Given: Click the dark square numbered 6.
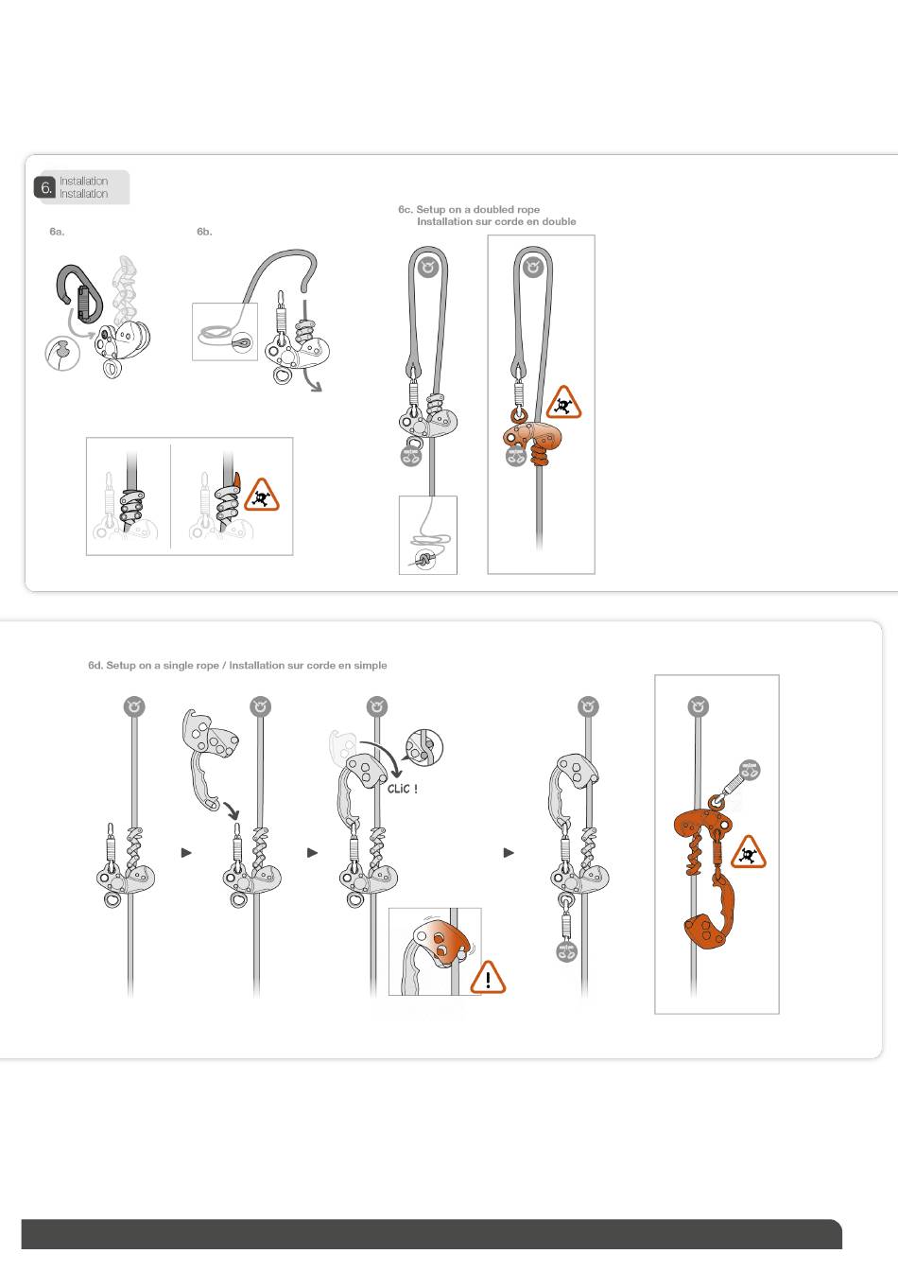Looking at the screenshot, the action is pyautogui.click(x=45, y=187).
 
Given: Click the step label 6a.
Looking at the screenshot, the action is pyautogui.click(x=57, y=232).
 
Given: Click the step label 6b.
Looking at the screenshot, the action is pyautogui.click(x=204, y=232).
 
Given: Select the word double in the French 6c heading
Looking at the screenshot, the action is pyautogui.click(x=559, y=222).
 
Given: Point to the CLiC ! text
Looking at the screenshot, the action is pyautogui.click(x=403, y=789).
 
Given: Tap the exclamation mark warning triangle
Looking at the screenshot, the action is pyautogui.click(x=488, y=978).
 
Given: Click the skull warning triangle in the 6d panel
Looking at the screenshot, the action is pyautogui.click(x=749, y=853).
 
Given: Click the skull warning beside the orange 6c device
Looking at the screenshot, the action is pyautogui.click(x=563, y=403).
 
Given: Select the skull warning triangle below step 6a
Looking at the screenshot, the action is pyautogui.click(x=262, y=496).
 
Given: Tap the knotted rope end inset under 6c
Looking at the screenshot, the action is pyautogui.click(x=427, y=535).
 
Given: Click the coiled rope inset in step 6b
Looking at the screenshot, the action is pyautogui.click(x=225, y=331).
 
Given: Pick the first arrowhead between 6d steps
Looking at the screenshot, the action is pyautogui.click(x=186, y=852).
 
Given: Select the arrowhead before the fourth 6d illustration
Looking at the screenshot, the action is pyautogui.click(x=509, y=852).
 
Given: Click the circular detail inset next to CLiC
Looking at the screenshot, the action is pyautogui.click(x=424, y=747).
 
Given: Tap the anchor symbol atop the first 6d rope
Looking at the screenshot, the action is pyautogui.click(x=134, y=707).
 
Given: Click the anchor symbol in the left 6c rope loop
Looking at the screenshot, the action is pyautogui.click(x=428, y=267).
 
